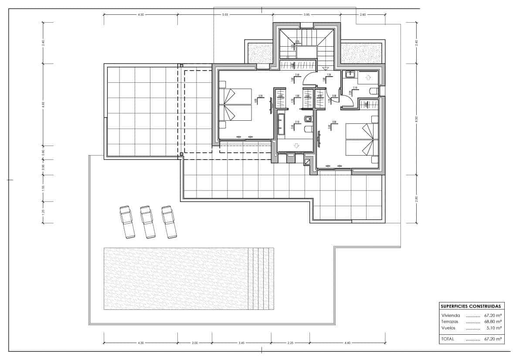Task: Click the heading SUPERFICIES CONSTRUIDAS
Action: tap(472, 306)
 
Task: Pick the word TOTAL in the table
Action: tap(448, 339)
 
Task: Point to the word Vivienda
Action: tap(450, 315)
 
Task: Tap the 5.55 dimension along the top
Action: tap(225, 15)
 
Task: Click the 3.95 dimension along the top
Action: tap(306, 15)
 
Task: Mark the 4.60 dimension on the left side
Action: tap(43, 105)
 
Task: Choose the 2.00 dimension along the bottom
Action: tap(194, 343)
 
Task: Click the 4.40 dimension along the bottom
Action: tap(347, 343)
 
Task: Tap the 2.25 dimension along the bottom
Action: tap(290, 343)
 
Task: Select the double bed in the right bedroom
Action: tap(360, 139)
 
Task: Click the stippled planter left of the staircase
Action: tap(260, 53)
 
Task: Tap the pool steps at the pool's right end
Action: tap(261, 279)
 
